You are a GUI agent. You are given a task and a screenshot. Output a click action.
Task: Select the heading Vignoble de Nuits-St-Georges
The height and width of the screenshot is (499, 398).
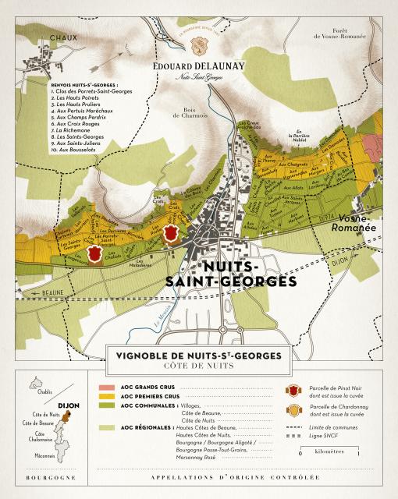coord(198,356)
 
